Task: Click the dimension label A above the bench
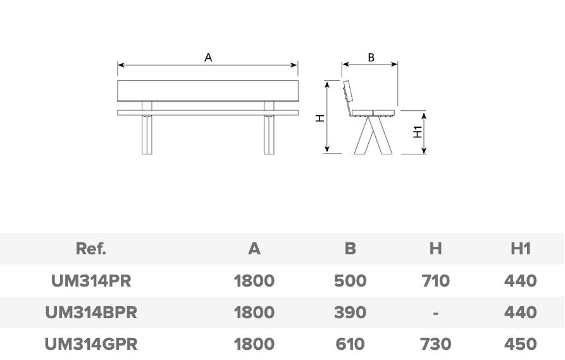coord(208,58)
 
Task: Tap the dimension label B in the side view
coord(371,58)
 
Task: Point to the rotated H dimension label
coord(320,118)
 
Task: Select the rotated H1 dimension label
coord(418,132)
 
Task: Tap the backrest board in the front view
coord(208,91)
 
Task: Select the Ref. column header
coord(91,249)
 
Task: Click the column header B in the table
coord(351,249)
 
